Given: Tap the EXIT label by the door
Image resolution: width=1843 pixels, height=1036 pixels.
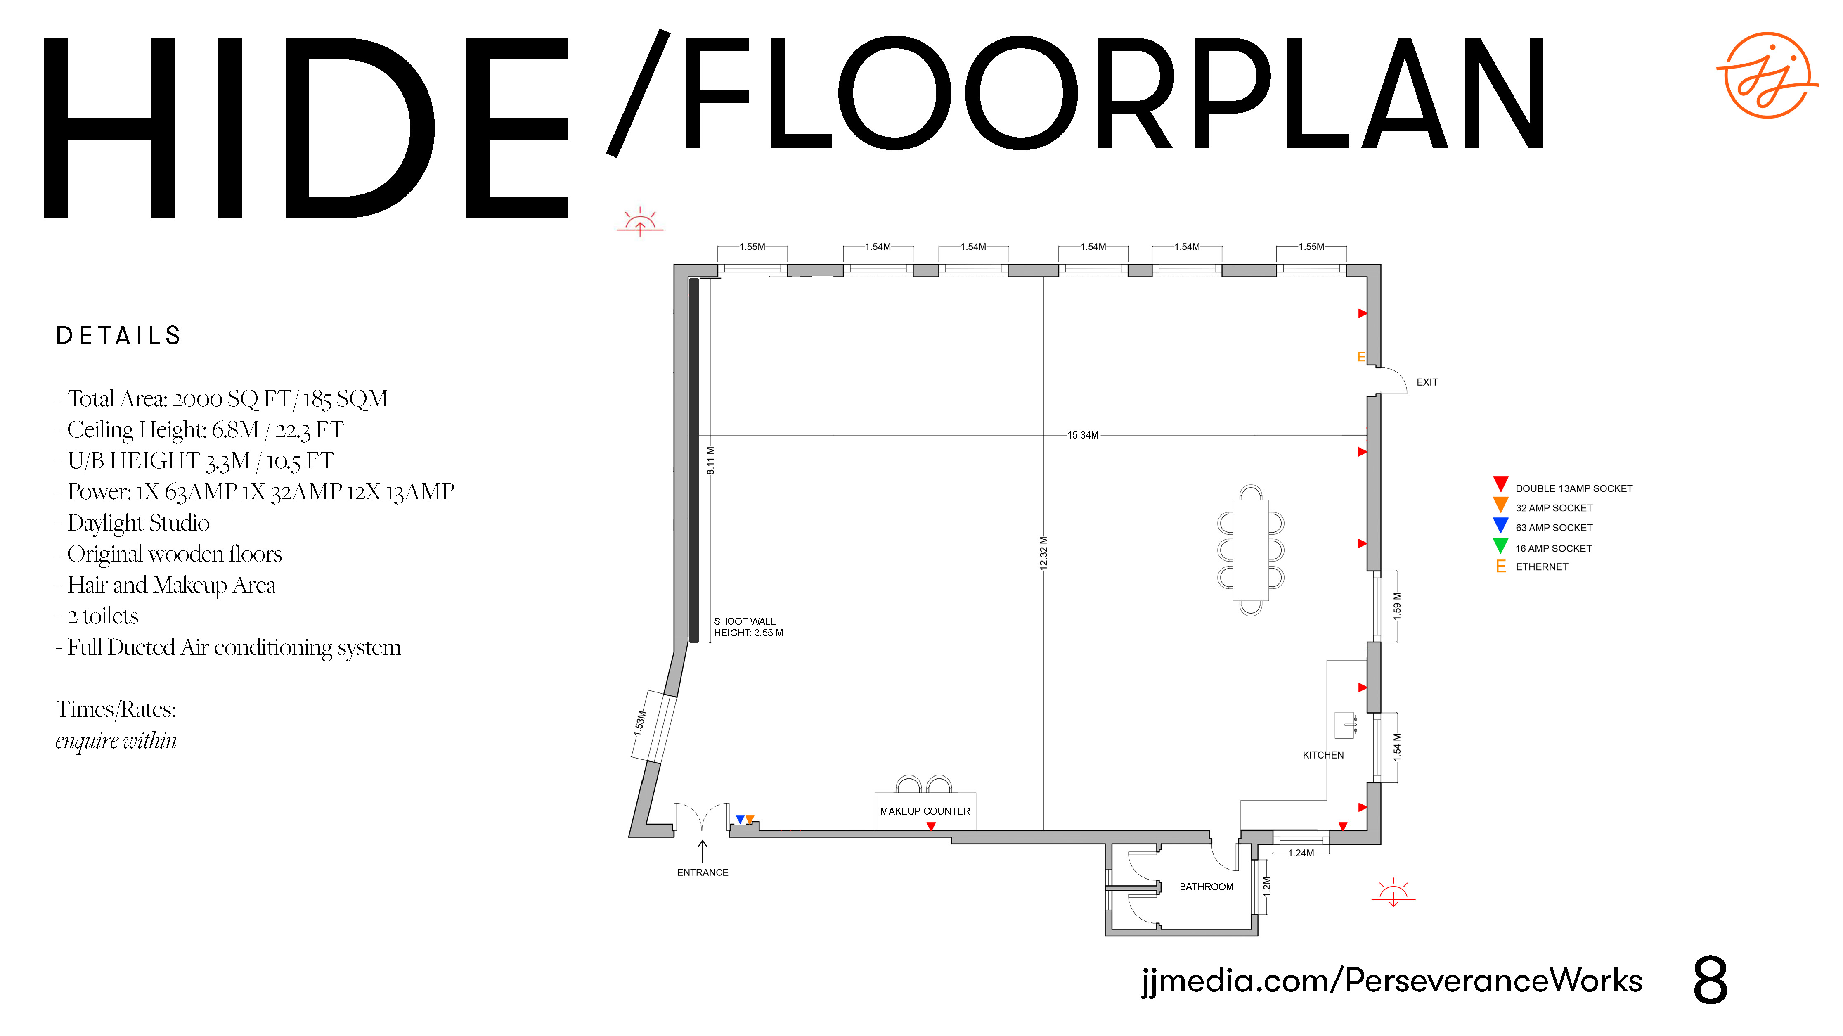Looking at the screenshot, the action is pyautogui.click(x=1427, y=382).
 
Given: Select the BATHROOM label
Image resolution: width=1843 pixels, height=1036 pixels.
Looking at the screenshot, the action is pyautogui.click(x=1206, y=887).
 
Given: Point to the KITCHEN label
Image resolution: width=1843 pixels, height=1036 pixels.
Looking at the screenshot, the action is pyautogui.click(x=1323, y=755).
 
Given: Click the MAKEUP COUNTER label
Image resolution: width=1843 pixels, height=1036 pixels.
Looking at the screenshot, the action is pyautogui.click(x=925, y=811).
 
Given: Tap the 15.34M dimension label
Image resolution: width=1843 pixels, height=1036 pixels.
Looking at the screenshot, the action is pyautogui.click(x=1082, y=435).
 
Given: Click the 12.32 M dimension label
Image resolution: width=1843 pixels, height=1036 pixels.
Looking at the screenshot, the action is pyautogui.click(x=1043, y=553).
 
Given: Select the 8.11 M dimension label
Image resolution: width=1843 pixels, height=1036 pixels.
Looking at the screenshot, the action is pyautogui.click(x=710, y=461).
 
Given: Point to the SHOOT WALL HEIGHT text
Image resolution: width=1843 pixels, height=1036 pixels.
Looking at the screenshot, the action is pyautogui.click(x=748, y=627).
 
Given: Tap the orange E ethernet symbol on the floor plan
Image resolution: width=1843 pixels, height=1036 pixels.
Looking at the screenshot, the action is pyautogui.click(x=1361, y=356).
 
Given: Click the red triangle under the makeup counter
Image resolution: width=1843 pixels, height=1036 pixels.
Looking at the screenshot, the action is pyautogui.click(x=931, y=826).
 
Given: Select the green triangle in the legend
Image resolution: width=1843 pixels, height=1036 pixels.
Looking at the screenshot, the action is pyautogui.click(x=1500, y=545).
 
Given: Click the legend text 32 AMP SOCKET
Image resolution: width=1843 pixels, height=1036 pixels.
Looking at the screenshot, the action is pyautogui.click(x=1554, y=508).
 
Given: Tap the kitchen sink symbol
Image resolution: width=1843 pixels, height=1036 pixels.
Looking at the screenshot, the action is pyautogui.click(x=1346, y=725).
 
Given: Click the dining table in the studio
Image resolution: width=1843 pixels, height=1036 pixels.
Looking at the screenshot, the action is pyautogui.click(x=1251, y=550).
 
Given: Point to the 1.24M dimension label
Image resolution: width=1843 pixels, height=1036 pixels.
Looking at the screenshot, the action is pyautogui.click(x=1301, y=853).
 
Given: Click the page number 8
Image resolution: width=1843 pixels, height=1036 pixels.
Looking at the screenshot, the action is pyautogui.click(x=1710, y=981).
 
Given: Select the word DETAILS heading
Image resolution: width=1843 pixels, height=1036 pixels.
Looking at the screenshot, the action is pyautogui.click(x=119, y=336).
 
